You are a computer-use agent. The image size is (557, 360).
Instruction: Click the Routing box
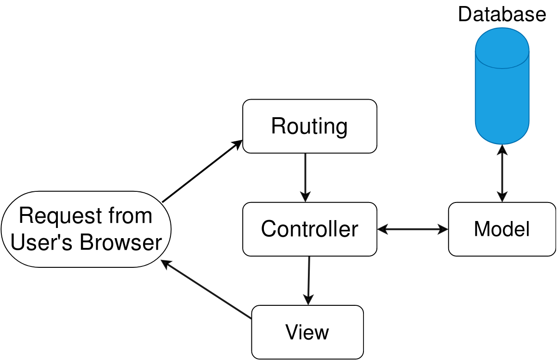coord(309,126)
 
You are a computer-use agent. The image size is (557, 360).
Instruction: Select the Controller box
coord(309,229)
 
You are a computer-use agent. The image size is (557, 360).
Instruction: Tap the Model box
coord(501,229)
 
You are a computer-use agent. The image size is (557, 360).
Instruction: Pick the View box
coord(307,332)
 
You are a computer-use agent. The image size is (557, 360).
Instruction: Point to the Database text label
coord(502,14)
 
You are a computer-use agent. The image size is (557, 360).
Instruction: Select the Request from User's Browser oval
coord(86,229)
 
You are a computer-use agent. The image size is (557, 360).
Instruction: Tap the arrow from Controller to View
coord(309,280)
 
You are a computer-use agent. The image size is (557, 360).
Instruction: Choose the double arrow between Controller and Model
coord(413,229)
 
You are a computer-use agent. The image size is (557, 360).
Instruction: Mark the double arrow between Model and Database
coord(502,173)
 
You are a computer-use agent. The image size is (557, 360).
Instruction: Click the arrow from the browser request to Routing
coord(202,171)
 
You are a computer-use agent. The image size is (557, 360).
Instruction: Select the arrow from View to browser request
coord(207,290)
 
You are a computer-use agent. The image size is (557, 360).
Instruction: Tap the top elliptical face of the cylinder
coord(502,48)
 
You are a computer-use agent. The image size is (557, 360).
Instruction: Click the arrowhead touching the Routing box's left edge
coord(238,144)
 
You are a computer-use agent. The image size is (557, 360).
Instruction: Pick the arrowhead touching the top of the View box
coord(308,300)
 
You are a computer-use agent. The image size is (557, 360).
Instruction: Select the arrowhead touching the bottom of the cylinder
coord(502,149)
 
